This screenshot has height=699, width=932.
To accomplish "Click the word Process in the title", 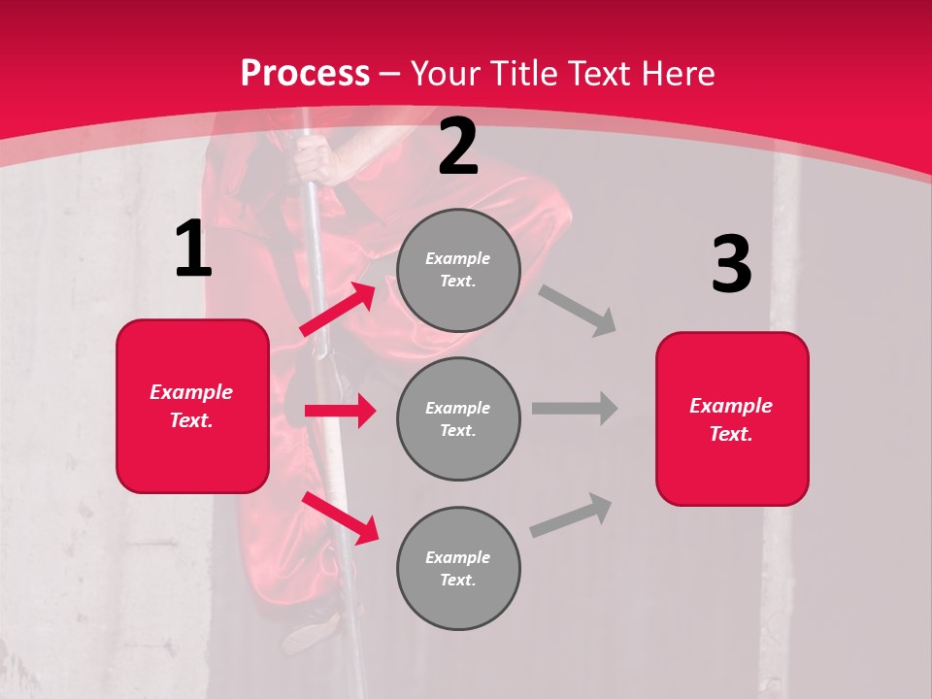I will [305, 74].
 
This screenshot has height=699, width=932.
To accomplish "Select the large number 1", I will [193, 250].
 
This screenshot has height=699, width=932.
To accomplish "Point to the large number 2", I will [458, 147].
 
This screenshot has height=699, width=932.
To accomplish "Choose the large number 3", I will [731, 265].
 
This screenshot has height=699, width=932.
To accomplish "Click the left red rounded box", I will [192, 406].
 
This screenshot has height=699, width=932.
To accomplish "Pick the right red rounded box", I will [732, 418].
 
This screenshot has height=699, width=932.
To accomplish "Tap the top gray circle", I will [458, 270].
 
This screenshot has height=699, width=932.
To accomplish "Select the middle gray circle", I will [458, 418].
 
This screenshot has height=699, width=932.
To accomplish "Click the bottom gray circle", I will [458, 568].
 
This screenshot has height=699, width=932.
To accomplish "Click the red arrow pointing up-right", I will [338, 310].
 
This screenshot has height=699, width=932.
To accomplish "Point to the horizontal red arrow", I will [340, 411].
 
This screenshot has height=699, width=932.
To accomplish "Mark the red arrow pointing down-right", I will [340, 517].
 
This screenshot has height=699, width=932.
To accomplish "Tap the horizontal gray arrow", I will [574, 408].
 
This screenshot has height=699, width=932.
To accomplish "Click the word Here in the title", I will [682, 74].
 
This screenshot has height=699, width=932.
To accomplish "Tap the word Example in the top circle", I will [458, 258].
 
